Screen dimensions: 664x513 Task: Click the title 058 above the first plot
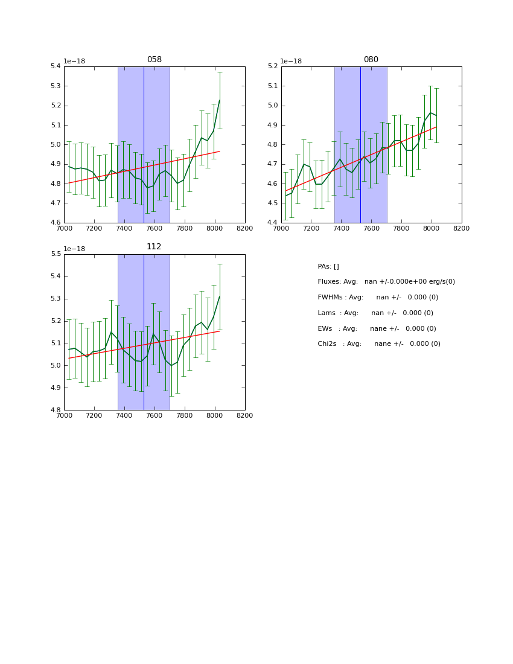[154, 60]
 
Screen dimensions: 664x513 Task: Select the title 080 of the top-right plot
[371, 60]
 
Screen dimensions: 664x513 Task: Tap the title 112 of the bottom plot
[154, 247]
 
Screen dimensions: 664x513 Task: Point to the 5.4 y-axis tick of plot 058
[55, 66]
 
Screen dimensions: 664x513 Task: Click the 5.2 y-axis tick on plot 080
[272, 66]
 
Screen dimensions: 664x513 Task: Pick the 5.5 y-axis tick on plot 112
[55, 254]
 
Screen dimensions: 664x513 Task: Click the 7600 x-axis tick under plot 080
[371, 228]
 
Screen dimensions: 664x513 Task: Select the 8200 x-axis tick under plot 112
[244, 415]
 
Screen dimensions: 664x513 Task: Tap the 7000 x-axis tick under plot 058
[64, 228]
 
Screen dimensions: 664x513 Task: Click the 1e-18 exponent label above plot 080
[291, 61]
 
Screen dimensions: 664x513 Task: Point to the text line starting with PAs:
[328, 267]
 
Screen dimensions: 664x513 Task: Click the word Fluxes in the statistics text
[330, 282]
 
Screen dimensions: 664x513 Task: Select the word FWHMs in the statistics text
[330, 298]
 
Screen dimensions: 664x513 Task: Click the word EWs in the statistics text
[326, 329]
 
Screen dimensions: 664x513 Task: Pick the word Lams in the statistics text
[327, 313]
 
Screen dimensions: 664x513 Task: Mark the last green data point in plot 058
[219, 100]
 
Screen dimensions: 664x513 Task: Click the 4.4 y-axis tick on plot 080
[272, 223]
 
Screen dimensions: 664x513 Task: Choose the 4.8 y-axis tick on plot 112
[55, 410]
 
